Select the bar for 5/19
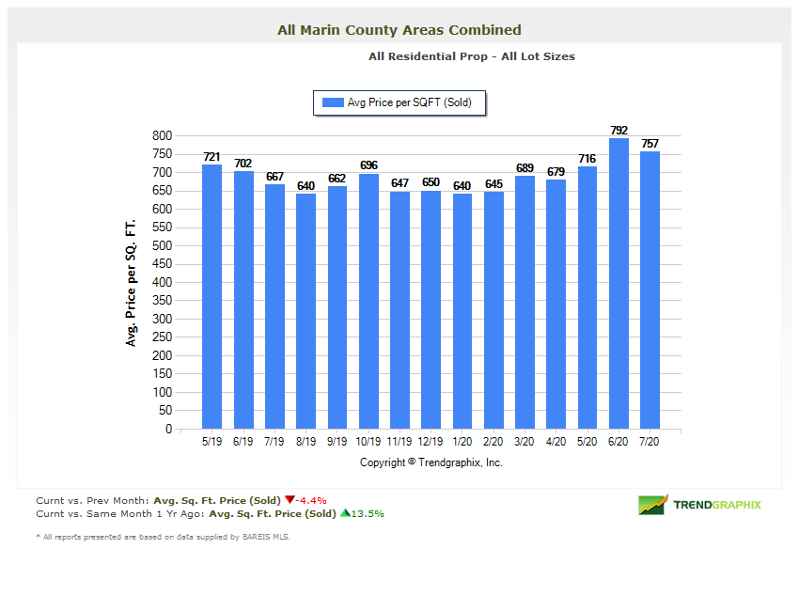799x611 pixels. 211,297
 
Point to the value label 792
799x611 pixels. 619,131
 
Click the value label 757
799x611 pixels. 650,144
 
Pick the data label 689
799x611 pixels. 525,168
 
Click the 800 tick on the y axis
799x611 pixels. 162,135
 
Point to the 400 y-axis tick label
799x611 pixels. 162,282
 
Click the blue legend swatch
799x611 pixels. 333,102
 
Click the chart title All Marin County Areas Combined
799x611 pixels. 399,30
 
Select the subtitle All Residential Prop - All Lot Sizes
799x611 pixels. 472,56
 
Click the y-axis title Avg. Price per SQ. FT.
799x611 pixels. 131,282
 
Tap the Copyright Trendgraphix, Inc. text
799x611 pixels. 431,462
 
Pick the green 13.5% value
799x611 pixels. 367,513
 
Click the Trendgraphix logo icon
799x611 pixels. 652,505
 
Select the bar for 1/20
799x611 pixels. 462,311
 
